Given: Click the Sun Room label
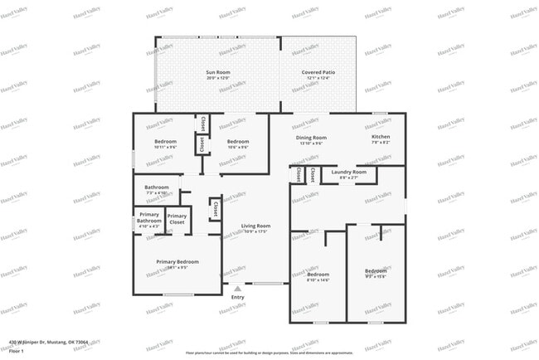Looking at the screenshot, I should tap(217, 73).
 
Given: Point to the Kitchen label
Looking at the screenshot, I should tap(381, 138).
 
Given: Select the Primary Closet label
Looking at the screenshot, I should tap(177, 220).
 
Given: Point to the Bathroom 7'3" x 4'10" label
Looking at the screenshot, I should tap(156, 187).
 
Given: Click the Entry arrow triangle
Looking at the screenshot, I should tap(237, 289).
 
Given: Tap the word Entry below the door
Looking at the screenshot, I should tap(237, 297).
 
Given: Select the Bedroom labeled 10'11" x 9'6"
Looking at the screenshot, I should tap(165, 142).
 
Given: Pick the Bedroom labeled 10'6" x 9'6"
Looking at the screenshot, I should tap(238, 142).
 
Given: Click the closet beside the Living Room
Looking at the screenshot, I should tap(215, 208).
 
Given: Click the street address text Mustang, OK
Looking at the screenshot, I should tap(49, 341).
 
